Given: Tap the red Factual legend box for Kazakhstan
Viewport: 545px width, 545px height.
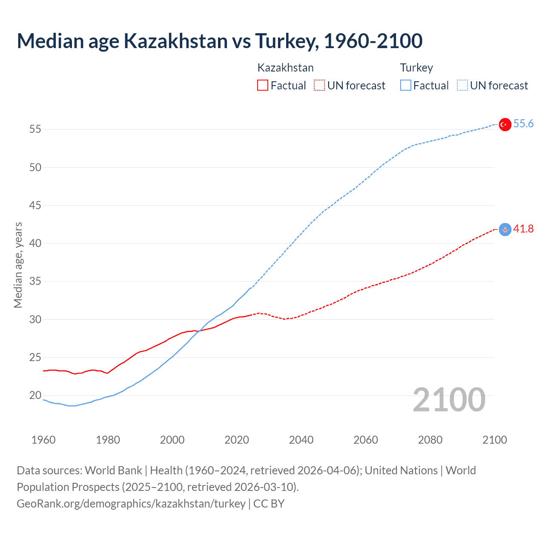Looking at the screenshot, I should pyautogui.click(x=263, y=85).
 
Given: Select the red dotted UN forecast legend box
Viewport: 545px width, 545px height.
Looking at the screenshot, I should pyautogui.click(x=319, y=85).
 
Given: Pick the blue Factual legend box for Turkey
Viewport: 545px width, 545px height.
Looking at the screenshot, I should pyautogui.click(x=405, y=85).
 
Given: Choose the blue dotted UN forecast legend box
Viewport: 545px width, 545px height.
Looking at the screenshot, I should pyautogui.click(x=462, y=85).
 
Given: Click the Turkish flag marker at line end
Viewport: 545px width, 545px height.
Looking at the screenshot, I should pyautogui.click(x=505, y=124).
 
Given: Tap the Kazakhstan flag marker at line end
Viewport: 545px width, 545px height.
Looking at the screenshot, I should pyautogui.click(x=505, y=229).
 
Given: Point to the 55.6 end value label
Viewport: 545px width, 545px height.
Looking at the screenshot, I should pyautogui.click(x=523, y=124).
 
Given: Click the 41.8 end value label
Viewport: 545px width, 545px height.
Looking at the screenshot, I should pyautogui.click(x=523, y=229).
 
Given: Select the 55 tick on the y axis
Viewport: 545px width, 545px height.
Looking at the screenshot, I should pyautogui.click(x=35, y=129).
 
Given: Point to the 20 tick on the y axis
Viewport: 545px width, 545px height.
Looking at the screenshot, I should pyautogui.click(x=35, y=396).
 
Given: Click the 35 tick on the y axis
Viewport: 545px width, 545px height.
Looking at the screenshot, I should pyautogui.click(x=35, y=281).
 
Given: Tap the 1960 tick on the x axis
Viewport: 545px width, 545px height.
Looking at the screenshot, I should pyautogui.click(x=43, y=440).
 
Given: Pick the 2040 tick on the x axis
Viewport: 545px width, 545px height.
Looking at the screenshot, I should pyautogui.click(x=301, y=440).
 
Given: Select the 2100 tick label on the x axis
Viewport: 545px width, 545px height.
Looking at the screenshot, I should pyautogui.click(x=494, y=440).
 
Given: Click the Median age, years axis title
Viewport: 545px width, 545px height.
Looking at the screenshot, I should pyautogui.click(x=18, y=265).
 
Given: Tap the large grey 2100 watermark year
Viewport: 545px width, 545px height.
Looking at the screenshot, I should pyautogui.click(x=449, y=400).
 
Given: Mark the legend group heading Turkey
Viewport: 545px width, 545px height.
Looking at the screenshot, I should pyautogui.click(x=416, y=68).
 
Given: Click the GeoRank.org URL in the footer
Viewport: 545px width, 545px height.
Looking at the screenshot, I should pyautogui.click(x=131, y=504).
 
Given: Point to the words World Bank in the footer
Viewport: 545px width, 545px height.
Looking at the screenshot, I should pyautogui.click(x=113, y=470).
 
